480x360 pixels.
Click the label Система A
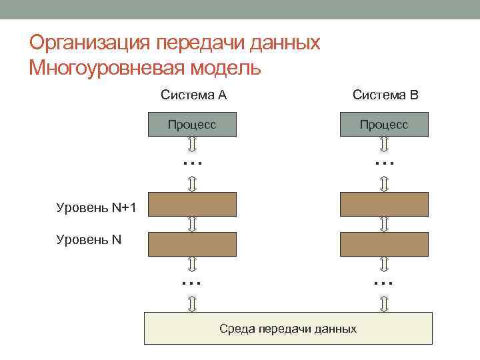[x=193, y=95]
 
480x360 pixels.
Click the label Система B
[x=385, y=95]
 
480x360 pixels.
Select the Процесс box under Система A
[x=192, y=125]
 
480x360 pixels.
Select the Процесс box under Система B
[x=384, y=125]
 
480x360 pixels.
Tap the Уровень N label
[x=89, y=238]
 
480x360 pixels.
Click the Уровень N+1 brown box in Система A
[x=192, y=205]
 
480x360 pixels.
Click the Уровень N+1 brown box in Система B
[x=384, y=205]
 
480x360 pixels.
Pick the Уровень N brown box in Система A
[x=192, y=244]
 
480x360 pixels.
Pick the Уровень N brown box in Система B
[x=384, y=244]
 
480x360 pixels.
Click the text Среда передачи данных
[x=288, y=329]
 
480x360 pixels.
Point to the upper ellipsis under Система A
[x=192, y=162]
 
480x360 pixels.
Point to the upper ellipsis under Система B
[x=384, y=162]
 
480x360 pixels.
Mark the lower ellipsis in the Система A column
[x=192, y=283]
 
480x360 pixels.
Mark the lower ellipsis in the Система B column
[x=384, y=283]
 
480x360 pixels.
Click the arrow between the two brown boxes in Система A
[x=192, y=224]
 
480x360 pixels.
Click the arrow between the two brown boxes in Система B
[x=384, y=224]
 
